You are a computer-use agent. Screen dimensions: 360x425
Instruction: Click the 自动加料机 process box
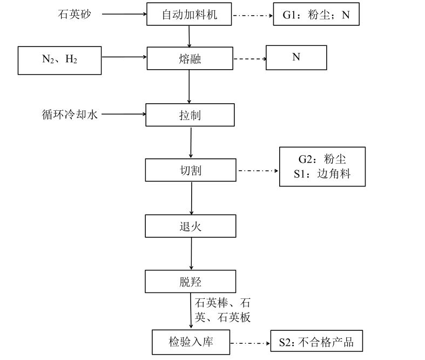[x=190, y=15]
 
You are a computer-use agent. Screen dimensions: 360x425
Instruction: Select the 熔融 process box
[x=190, y=58]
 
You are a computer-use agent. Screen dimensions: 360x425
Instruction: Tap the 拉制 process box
[x=190, y=115]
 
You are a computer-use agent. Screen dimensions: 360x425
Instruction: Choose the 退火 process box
[x=190, y=226]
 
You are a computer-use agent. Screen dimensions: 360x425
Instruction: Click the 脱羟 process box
[x=190, y=281]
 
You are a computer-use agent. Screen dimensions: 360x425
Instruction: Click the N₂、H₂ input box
[x=60, y=59]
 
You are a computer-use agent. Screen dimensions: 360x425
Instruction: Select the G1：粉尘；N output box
[x=316, y=15]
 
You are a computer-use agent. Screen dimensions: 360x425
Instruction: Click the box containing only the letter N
[x=296, y=57]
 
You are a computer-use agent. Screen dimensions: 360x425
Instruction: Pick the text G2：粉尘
[x=322, y=159]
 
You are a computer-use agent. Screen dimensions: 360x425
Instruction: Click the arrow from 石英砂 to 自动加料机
[x=124, y=15]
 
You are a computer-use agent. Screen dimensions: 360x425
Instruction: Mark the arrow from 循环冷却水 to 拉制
[x=124, y=115]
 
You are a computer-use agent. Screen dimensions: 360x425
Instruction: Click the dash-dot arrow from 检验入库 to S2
[x=250, y=343]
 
